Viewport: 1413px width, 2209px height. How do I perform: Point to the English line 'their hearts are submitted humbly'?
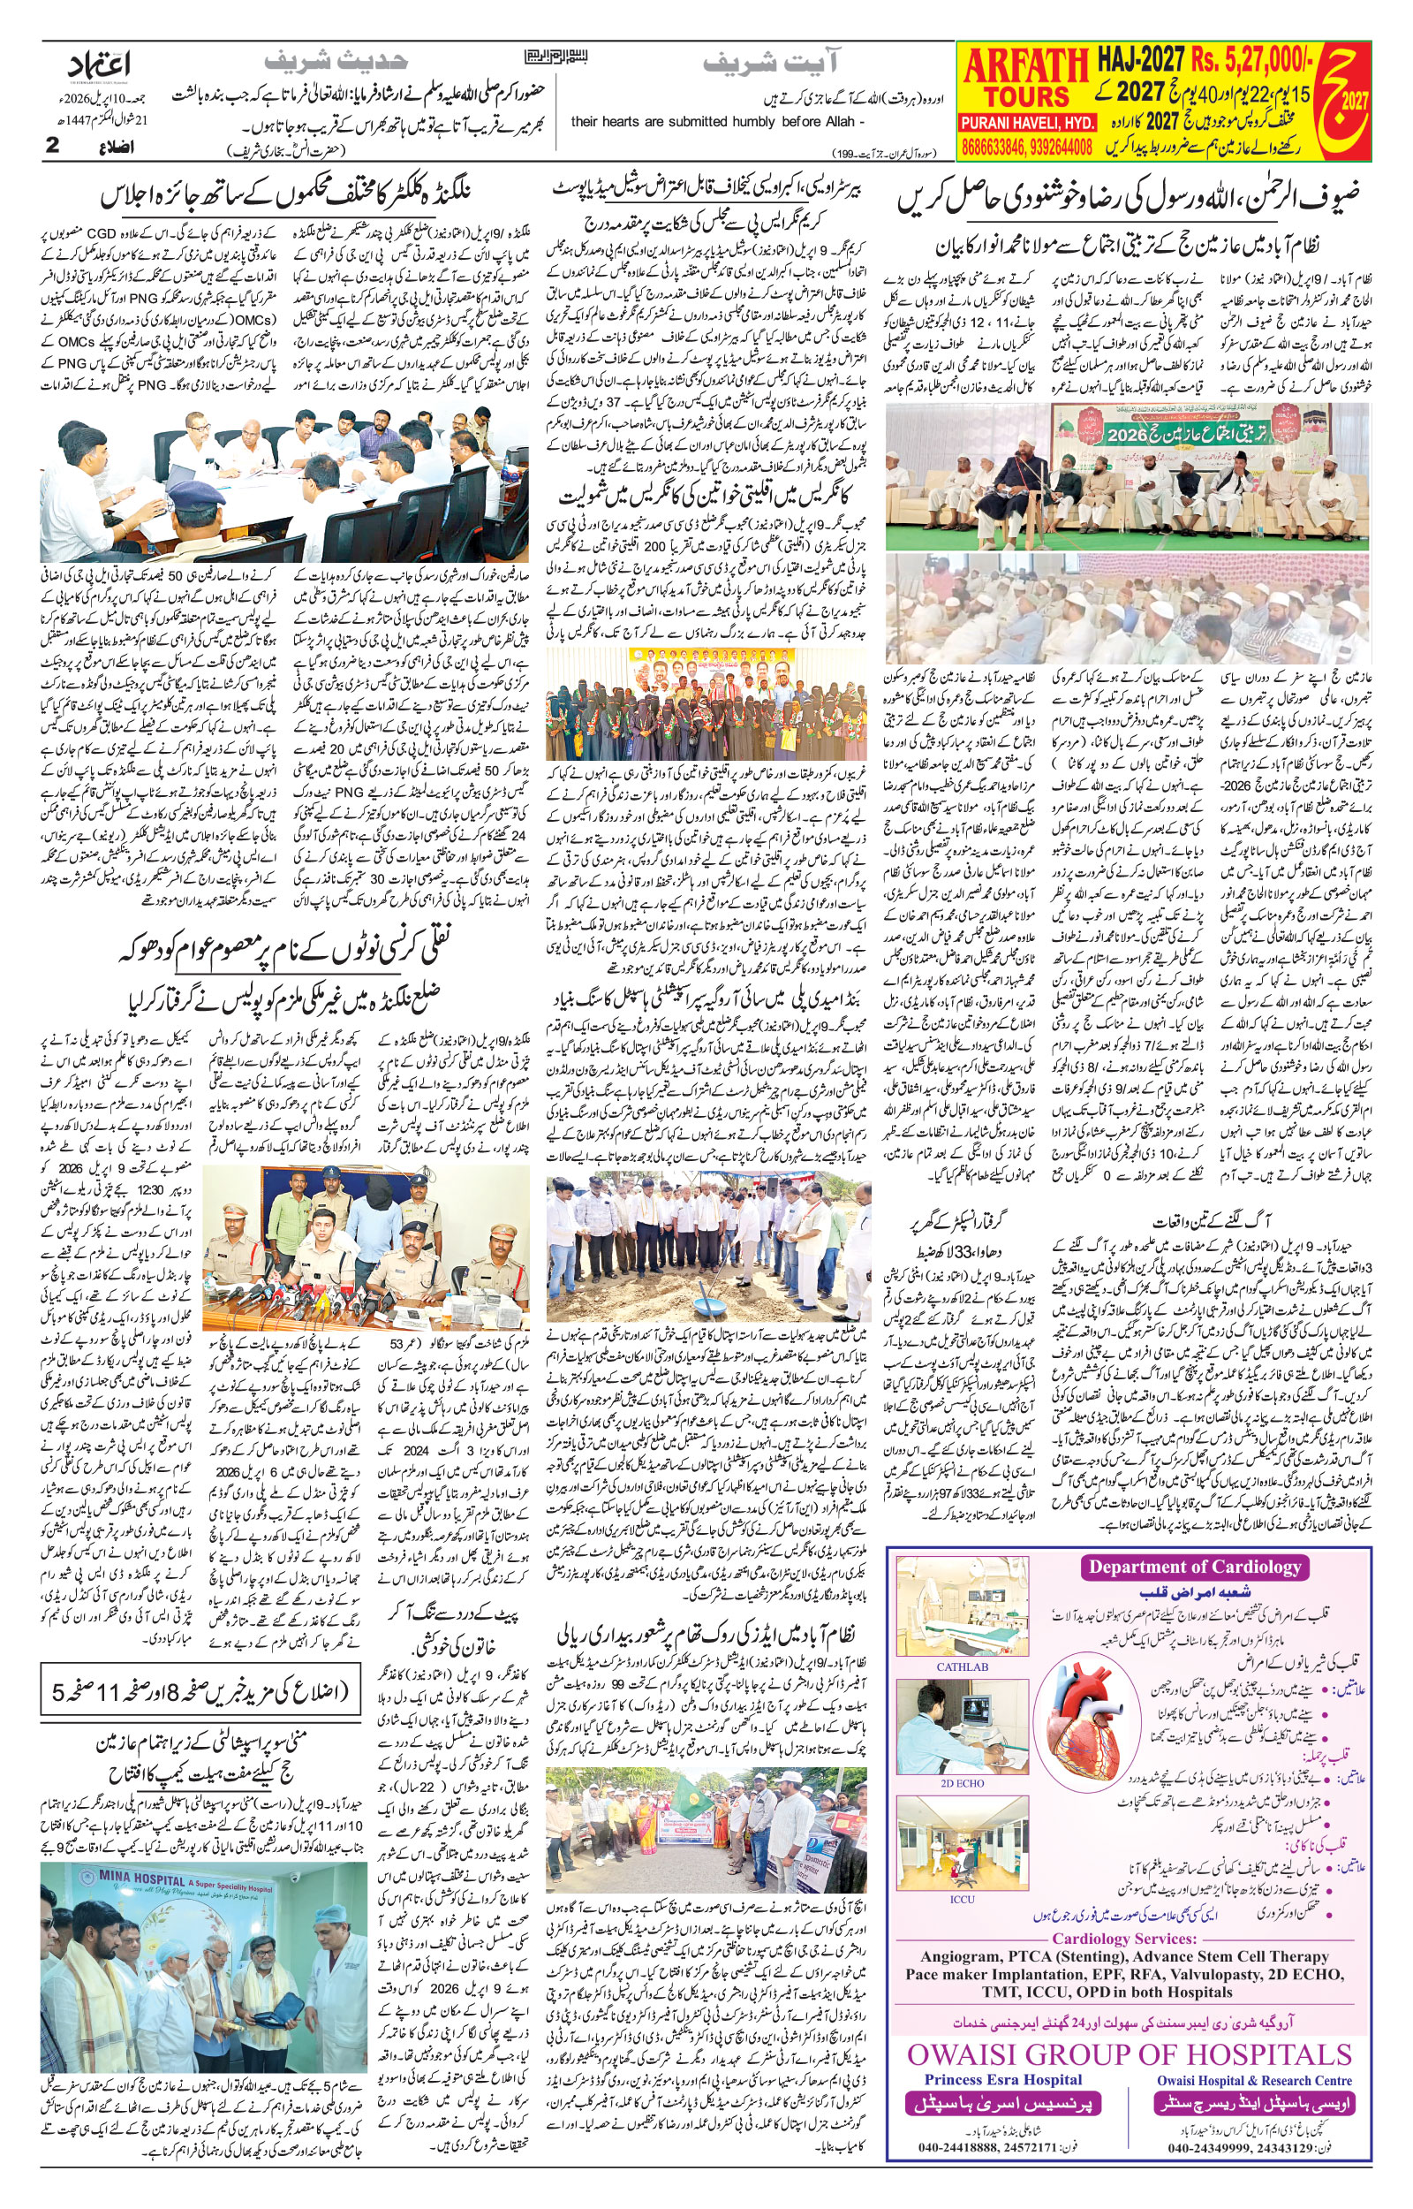coord(716,121)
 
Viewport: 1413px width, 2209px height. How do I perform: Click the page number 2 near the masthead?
coord(51,145)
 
